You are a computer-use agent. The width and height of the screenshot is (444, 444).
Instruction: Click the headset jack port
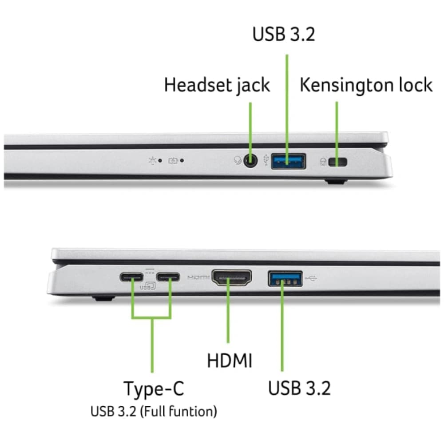[250, 161]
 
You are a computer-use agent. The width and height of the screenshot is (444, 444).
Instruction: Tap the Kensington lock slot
[337, 162]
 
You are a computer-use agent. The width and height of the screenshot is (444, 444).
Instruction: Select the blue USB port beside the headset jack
[288, 161]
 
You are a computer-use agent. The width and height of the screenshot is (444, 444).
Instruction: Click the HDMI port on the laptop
[232, 278]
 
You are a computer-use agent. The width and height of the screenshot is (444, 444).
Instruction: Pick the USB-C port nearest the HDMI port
[168, 277]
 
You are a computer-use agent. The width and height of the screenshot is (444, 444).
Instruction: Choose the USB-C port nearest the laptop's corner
[131, 277]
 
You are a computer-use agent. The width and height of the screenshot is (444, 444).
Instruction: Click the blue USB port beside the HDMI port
[285, 279]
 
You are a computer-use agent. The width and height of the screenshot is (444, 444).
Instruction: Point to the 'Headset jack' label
[217, 85]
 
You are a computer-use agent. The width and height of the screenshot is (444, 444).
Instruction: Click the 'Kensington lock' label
[366, 85]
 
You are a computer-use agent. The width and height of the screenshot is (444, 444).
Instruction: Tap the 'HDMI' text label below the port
[230, 361]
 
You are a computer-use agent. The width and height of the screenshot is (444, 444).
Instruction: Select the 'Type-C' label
[154, 388]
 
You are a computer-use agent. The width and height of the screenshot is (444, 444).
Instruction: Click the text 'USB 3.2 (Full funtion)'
[154, 412]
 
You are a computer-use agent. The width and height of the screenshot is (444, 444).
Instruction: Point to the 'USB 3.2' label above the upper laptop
[283, 34]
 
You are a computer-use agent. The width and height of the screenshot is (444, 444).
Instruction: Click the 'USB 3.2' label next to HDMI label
[299, 388]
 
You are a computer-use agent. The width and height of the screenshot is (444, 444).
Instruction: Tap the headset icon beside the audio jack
[238, 161]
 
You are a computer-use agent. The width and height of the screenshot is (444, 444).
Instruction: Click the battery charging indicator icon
[173, 161]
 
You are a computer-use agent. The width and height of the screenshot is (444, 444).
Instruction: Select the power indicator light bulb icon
[153, 161]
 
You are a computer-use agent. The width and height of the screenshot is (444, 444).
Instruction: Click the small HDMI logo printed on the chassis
[198, 277]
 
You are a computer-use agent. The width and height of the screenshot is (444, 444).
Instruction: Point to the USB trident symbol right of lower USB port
[311, 279]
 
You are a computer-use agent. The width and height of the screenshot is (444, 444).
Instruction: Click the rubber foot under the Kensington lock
[336, 181]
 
